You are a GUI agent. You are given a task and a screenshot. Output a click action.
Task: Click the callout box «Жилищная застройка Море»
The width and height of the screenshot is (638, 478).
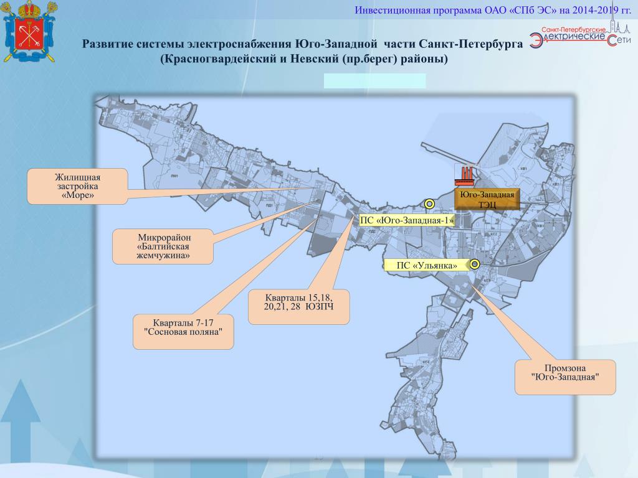click(x=77, y=186)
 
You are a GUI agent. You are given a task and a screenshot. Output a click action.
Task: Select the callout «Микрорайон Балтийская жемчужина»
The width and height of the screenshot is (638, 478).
click(x=163, y=246)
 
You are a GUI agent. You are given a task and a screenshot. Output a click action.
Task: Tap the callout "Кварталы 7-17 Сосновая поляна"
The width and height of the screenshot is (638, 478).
click(x=184, y=332)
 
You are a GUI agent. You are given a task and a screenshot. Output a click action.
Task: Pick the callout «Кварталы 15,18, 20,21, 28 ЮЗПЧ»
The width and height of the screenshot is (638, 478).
click(x=298, y=307)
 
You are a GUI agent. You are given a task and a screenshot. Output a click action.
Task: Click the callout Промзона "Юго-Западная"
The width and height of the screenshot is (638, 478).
click(x=565, y=377)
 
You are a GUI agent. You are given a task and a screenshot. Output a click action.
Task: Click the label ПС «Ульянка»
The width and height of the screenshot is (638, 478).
click(x=426, y=266)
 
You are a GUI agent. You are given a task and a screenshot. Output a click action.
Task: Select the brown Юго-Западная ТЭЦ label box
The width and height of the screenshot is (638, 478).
click(x=487, y=199)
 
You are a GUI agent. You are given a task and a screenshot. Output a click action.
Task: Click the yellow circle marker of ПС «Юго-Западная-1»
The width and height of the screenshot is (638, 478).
click(x=429, y=204)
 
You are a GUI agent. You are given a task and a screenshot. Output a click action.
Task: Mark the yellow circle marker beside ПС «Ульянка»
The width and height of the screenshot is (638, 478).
click(x=475, y=265)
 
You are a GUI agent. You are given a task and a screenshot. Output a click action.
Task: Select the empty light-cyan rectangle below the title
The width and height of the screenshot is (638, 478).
click(x=374, y=81)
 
